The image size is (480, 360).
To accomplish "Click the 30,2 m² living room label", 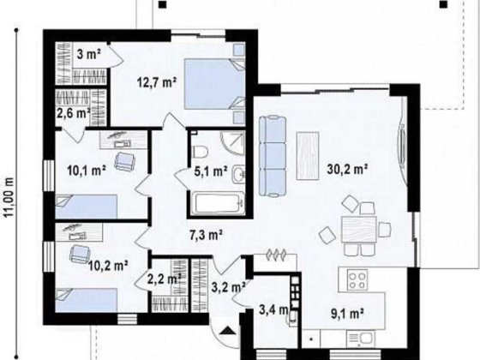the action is (x=347, y=169).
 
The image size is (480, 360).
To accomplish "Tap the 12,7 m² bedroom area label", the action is (x=157, y=82).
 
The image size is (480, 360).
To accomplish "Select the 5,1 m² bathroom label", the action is (x=211, y=171).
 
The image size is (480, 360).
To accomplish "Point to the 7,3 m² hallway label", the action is (x=206, y=235).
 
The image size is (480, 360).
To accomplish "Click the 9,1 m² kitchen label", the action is (x=347, y=313).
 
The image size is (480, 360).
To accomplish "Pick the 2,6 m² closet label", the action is (x=74, y=113).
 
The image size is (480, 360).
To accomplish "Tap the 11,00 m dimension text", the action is (x=9, y=197).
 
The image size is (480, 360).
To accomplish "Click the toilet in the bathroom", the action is (x=201, y=152).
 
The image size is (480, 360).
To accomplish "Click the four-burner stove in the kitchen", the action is (x=358, y=280).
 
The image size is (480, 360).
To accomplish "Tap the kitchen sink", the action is (x=364, y=339).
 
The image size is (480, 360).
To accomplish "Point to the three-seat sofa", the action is (x=273, y=156).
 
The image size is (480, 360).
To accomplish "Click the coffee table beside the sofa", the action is (x=308, y=156).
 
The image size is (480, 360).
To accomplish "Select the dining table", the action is (x=359, y=229).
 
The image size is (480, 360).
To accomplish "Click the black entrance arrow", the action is (x=227, y=330).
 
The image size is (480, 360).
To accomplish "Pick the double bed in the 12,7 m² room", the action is (x=214, y=84).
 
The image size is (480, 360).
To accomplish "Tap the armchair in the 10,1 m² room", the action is (x=124, y=161).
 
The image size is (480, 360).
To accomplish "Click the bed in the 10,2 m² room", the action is (x=86, y=300).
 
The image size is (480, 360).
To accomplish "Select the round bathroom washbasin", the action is (x=238, y=174).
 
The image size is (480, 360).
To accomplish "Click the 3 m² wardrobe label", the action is (x=89, y=55).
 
